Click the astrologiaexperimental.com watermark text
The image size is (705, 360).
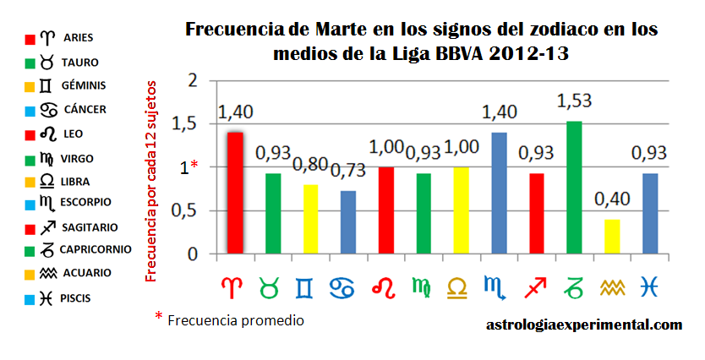tap(584, 325)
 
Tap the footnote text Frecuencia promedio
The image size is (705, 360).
tap(235, 321)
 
